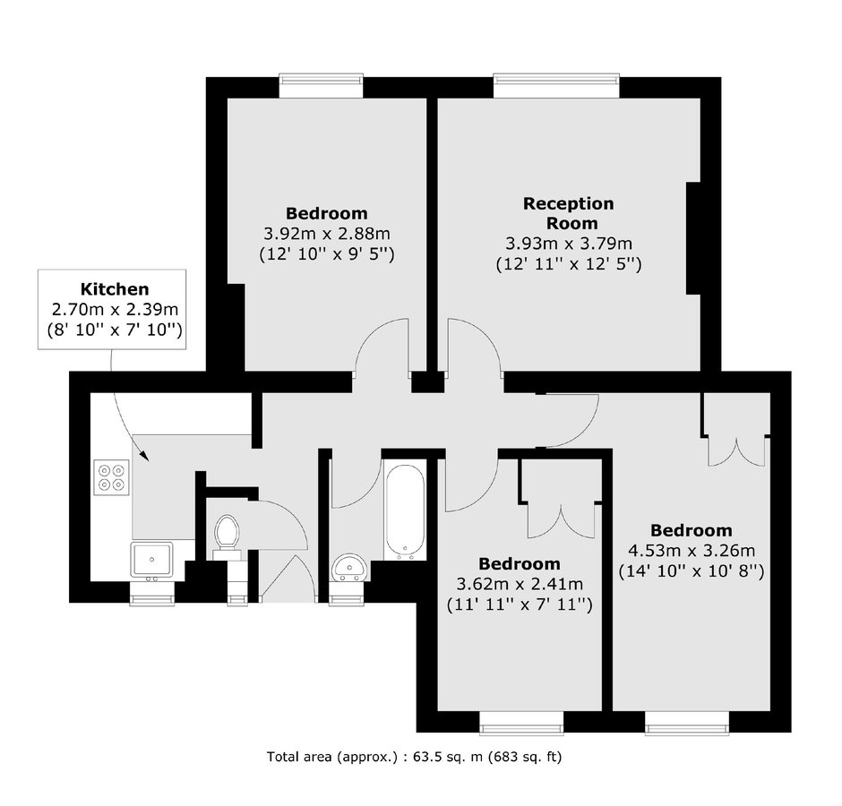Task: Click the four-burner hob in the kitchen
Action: (x=112, y=477)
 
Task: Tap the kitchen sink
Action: (x=152, y=560)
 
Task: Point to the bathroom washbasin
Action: (x=349, y=568)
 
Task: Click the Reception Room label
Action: (x=569, y=213)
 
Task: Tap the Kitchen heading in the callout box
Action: (x=115, y=289)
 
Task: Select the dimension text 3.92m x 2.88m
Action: (x=327, y=234)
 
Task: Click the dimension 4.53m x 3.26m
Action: (x=692, y=551)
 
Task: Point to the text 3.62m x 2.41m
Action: (x=520, y=584)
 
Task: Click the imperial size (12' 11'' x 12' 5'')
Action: (x=569, y=263)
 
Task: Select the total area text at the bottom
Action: (x=414, y=757)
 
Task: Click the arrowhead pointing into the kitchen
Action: (x=143, y=455)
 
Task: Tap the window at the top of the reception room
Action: (x=556, y=85)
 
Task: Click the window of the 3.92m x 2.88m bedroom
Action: (x=321, y=85)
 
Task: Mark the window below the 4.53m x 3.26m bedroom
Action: (x=687, y=723)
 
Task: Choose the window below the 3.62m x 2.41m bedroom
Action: (x=521, y=723)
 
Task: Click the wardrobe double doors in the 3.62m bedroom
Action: (x=562, y=520)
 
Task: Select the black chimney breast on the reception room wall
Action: (x=693, y=238)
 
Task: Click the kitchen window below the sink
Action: (x=152, y=593)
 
